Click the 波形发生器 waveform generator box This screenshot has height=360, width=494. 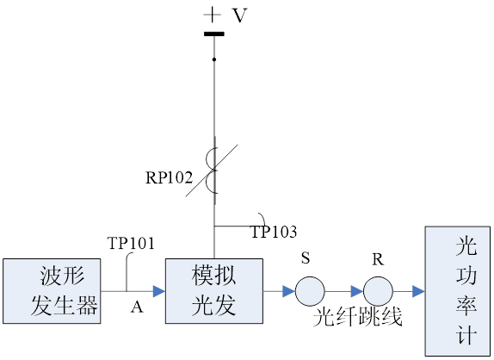click(52, 291)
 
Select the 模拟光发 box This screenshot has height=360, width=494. click(214, 291)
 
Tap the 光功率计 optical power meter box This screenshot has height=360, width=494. click(458, 291)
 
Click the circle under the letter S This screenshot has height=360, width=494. click(310, 291)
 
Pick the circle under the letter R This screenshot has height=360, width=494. click(378, 291)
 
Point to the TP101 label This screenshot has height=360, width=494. click(131, 243)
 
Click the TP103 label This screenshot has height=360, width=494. click(274, 232)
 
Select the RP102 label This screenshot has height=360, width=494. click(169, 177)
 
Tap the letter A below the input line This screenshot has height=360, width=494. click(137, 307)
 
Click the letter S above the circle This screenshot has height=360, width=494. click(306, 258)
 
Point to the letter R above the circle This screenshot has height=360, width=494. click(378, 259)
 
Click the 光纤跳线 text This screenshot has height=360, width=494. click(358, 316)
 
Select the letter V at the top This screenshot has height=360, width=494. click(240, 16)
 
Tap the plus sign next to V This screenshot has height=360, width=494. click(213, 15)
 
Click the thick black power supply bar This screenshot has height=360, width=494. click(214, 34)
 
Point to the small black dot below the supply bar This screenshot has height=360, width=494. click(214, 59)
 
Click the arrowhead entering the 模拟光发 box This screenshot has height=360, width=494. click(159, 291)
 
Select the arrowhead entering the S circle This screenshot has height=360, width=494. click(289, 291)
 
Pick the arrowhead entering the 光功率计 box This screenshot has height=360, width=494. click(419, 291)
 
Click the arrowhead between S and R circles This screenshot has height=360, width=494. click(357, 291)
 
